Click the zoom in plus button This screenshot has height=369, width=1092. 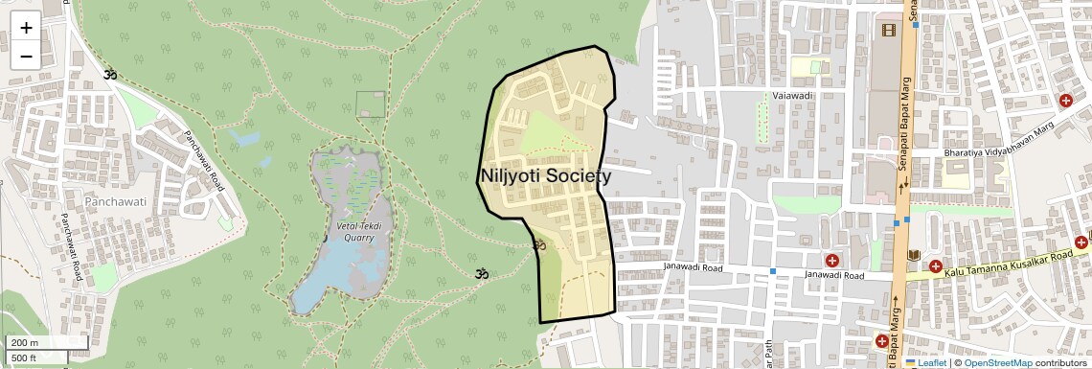(26, 27)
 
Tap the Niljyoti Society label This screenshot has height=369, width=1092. (544, 176)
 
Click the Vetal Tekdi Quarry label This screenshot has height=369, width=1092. (359, 231)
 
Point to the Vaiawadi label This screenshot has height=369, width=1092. (793, 97)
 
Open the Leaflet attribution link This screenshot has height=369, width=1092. (932, 362)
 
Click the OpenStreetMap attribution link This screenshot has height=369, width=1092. (998, 362)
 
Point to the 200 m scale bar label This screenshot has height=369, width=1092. (25, 343)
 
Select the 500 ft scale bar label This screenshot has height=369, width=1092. (25, 358)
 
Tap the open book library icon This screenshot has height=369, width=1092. (913, 255)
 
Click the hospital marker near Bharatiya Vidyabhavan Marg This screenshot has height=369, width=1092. (1065, 101)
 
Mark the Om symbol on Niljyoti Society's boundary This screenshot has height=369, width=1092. (538, 245)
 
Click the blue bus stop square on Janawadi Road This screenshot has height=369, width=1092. (773, 271)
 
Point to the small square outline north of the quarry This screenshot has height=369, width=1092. (370, 104)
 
